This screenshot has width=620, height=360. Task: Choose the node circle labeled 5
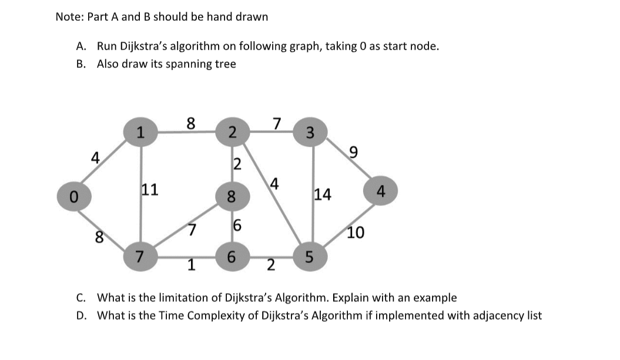coord(311,257)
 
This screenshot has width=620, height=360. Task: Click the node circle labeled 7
coord(140,257)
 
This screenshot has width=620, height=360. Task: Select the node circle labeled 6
coord(231,257)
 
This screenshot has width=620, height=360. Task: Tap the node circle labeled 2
coord(232,132)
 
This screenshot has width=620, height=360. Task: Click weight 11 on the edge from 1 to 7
coord(149,190)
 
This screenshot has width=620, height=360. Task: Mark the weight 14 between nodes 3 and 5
coord(323,194)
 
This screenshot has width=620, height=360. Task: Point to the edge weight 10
coord(356,233)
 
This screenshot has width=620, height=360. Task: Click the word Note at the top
coord(68,17)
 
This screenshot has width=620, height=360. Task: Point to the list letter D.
coord(81,316)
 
